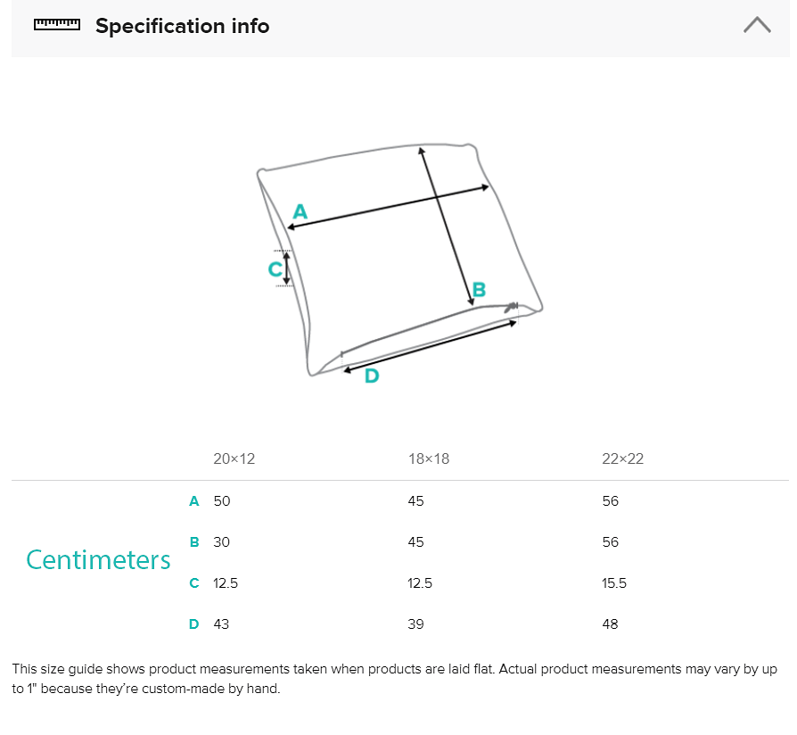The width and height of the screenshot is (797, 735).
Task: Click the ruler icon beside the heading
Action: pos(56,24)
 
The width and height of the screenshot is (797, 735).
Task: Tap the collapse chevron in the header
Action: pos(757,24)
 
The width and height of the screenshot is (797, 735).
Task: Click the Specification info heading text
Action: pos(183,26)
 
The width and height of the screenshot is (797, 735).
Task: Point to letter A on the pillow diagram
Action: pos(300,211)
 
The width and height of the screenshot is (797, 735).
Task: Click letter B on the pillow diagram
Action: pos(479,289)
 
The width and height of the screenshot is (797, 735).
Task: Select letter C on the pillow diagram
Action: pos(275,269)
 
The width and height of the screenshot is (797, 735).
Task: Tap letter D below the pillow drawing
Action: pos(372,376)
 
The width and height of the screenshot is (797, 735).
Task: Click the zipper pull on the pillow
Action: pos(511,307)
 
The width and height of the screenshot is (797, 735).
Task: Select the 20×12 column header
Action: pos(234,458)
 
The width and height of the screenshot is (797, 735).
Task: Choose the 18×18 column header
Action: pos(429,458)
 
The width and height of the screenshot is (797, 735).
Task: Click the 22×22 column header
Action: pos(622,458)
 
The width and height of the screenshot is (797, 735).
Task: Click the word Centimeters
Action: pos(98,560)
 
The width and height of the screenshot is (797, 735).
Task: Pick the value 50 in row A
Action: pos(222,501)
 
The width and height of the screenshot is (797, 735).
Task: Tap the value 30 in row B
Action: pos(221,542)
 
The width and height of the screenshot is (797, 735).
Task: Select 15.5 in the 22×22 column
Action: pos(614,583)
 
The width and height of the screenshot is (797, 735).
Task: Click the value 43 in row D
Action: pos(221,624)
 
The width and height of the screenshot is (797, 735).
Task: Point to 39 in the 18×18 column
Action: pos(415,624)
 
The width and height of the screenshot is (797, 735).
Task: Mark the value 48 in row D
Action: pos(610,624)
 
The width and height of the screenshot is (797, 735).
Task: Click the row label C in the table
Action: pos(194,582)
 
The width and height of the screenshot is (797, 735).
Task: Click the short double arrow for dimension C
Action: pos(287,268)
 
